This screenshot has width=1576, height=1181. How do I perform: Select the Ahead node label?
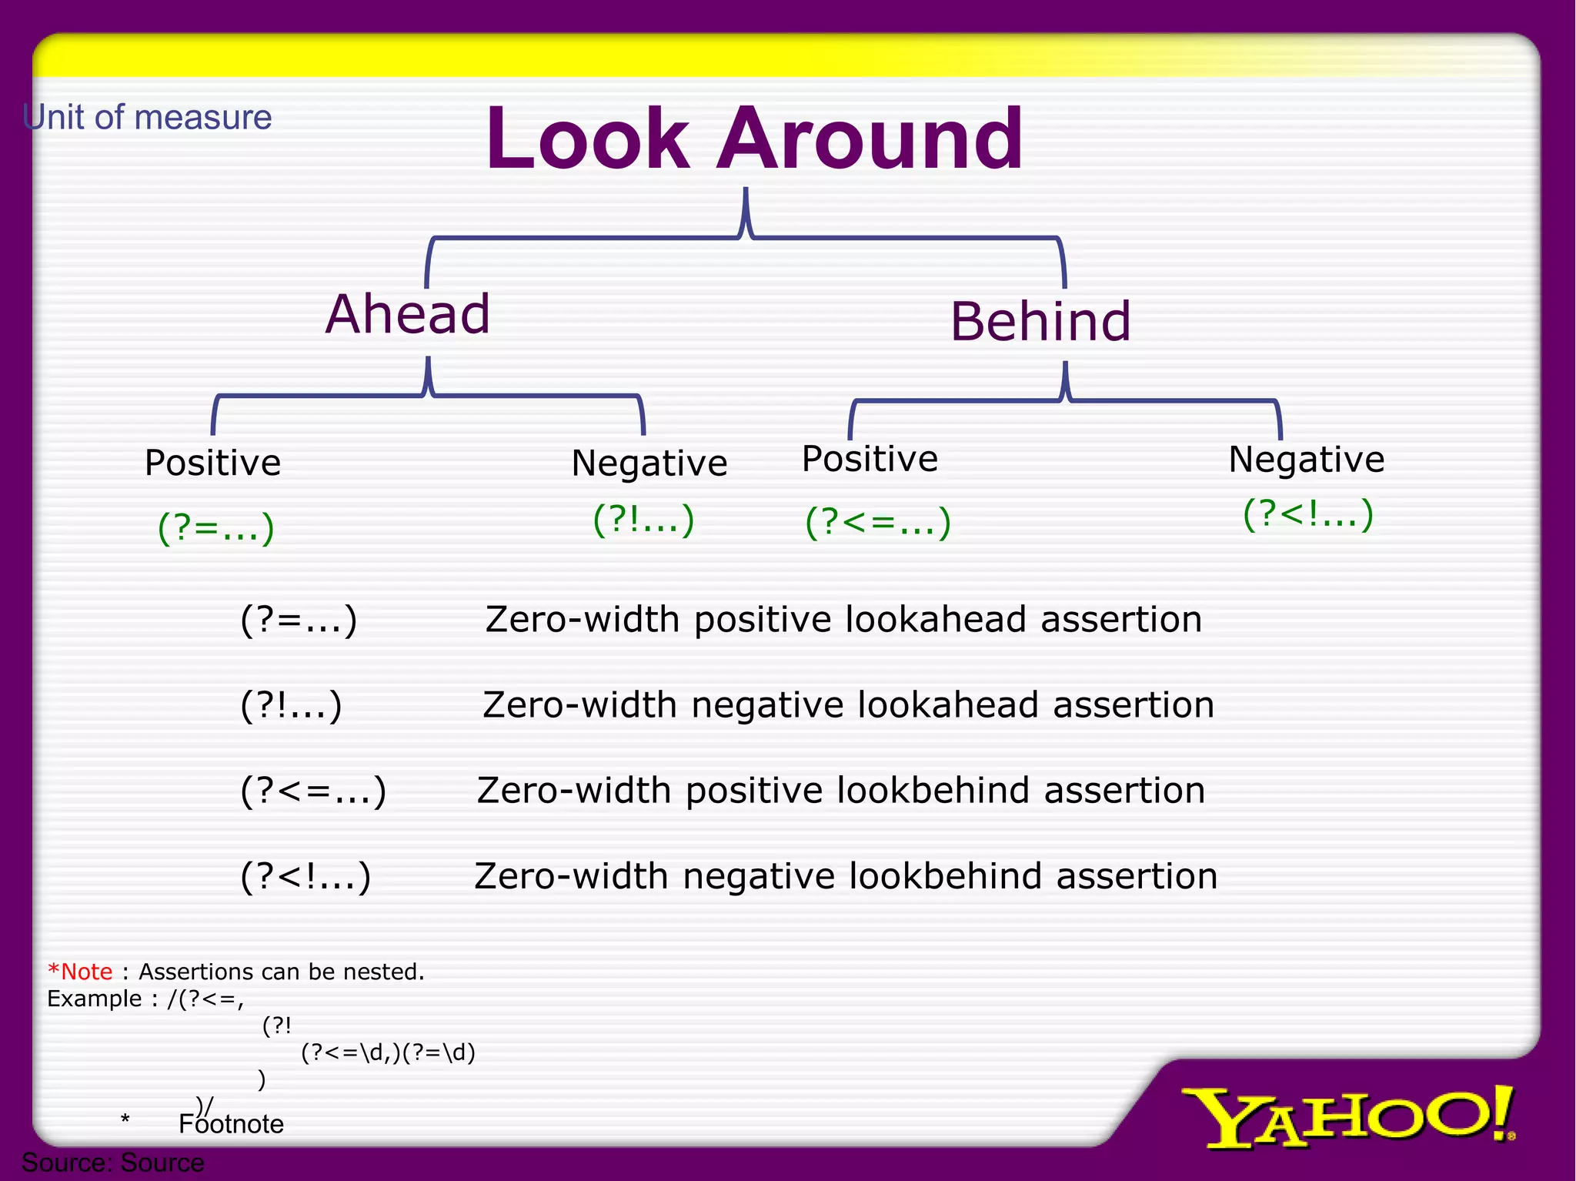408,314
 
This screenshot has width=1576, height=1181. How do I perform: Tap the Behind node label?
1040,321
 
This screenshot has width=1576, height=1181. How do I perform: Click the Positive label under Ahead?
213,463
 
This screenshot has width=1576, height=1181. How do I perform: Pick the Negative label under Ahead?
649,463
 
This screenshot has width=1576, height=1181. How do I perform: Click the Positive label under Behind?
870,460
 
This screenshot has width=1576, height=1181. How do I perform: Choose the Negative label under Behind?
1306,460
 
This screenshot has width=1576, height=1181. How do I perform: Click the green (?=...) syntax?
216,528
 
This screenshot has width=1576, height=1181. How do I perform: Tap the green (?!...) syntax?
644,520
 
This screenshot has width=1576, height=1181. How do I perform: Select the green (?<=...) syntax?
878,522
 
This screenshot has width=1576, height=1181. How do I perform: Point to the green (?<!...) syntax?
1307,514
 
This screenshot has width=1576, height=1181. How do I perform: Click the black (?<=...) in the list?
313,791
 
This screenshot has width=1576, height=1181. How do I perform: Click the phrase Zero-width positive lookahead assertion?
843,620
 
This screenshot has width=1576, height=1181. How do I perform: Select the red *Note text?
80,972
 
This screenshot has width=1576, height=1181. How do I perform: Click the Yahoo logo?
1347,1116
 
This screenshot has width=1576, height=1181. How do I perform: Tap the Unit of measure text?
148,118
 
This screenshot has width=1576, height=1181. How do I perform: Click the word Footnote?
232,1125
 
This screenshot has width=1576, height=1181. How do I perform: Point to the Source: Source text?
113,1163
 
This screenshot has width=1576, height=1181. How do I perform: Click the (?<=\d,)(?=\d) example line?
388,1052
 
